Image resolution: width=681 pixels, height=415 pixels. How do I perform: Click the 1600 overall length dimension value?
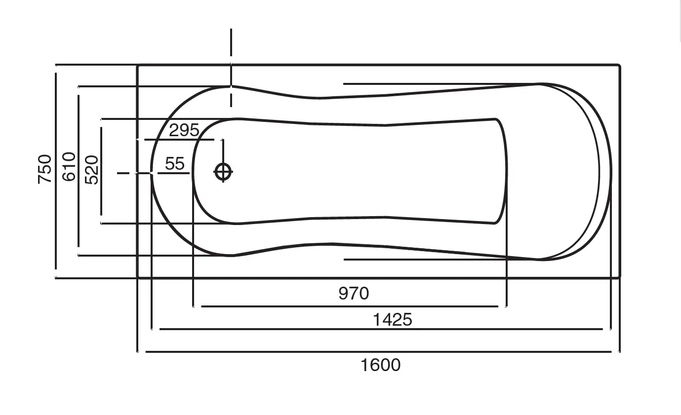click(380, 365)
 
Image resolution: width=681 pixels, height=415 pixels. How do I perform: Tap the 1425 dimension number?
click(392, 320)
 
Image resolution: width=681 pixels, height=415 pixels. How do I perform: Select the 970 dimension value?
click(354, 293)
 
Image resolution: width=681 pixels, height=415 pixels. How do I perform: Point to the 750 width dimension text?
click(44, 169)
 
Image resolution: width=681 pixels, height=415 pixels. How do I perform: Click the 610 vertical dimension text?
click(69, 167)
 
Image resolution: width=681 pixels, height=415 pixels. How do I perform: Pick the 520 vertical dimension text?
click(91, 170)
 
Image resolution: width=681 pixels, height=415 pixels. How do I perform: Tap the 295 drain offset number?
click(184, 130)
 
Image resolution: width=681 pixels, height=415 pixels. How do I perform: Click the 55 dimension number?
click(175, 163)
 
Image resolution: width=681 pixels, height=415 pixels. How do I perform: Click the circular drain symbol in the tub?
click(223, 172)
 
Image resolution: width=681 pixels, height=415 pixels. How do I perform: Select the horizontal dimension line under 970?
click(350, 306)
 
